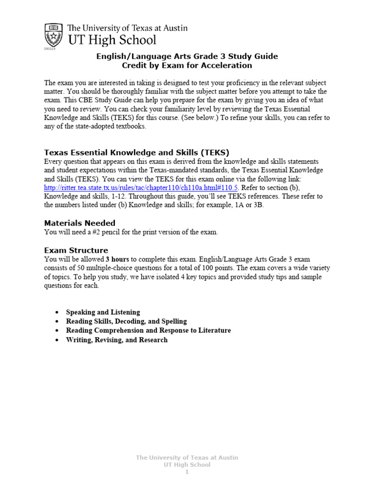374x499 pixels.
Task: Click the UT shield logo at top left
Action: point(53,34)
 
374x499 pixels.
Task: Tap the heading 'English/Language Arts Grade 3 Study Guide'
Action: point(187,56)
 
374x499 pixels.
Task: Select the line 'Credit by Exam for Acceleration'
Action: point(187,65)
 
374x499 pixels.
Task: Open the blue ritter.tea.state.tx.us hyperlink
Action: point(141,188)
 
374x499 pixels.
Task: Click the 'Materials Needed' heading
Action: point(80,223)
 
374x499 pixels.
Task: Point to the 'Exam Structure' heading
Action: point(76,250)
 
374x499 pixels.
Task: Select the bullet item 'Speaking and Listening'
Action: point(103,312)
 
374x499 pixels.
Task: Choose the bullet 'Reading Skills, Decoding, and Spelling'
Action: point(126,321)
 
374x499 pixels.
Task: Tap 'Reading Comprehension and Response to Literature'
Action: point(148,330)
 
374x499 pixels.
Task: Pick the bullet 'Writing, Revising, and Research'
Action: point(116,340)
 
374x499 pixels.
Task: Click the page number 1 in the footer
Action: point(187,472)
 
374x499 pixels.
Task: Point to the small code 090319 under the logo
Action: point(49,49)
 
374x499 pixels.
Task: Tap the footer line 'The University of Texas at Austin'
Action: point(187,458)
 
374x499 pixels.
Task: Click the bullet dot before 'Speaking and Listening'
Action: point(57,312)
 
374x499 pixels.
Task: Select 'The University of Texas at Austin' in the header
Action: point(127,28)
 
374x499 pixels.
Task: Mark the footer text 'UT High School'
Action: point(187,465)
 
